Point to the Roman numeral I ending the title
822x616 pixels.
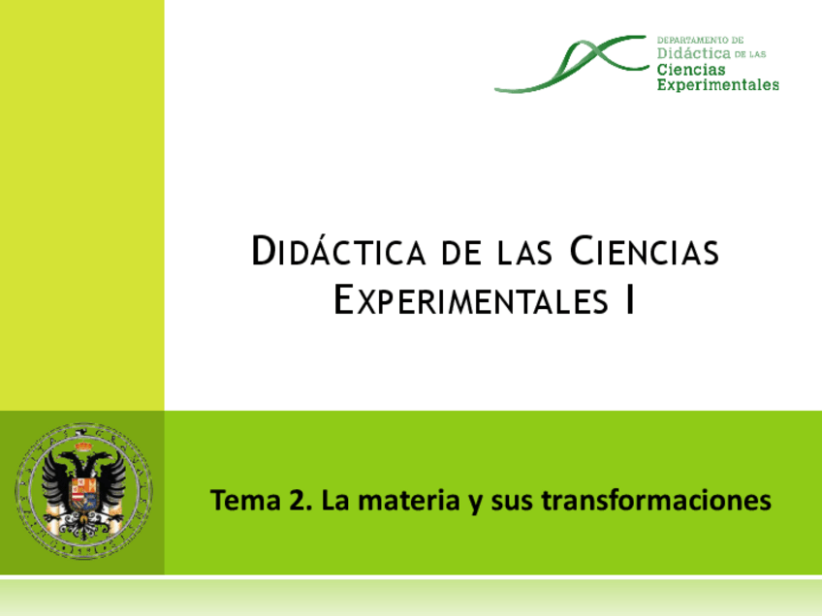[630, 300]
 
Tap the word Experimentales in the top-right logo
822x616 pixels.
[717, 85]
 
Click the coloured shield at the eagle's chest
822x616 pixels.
[83, 490]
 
